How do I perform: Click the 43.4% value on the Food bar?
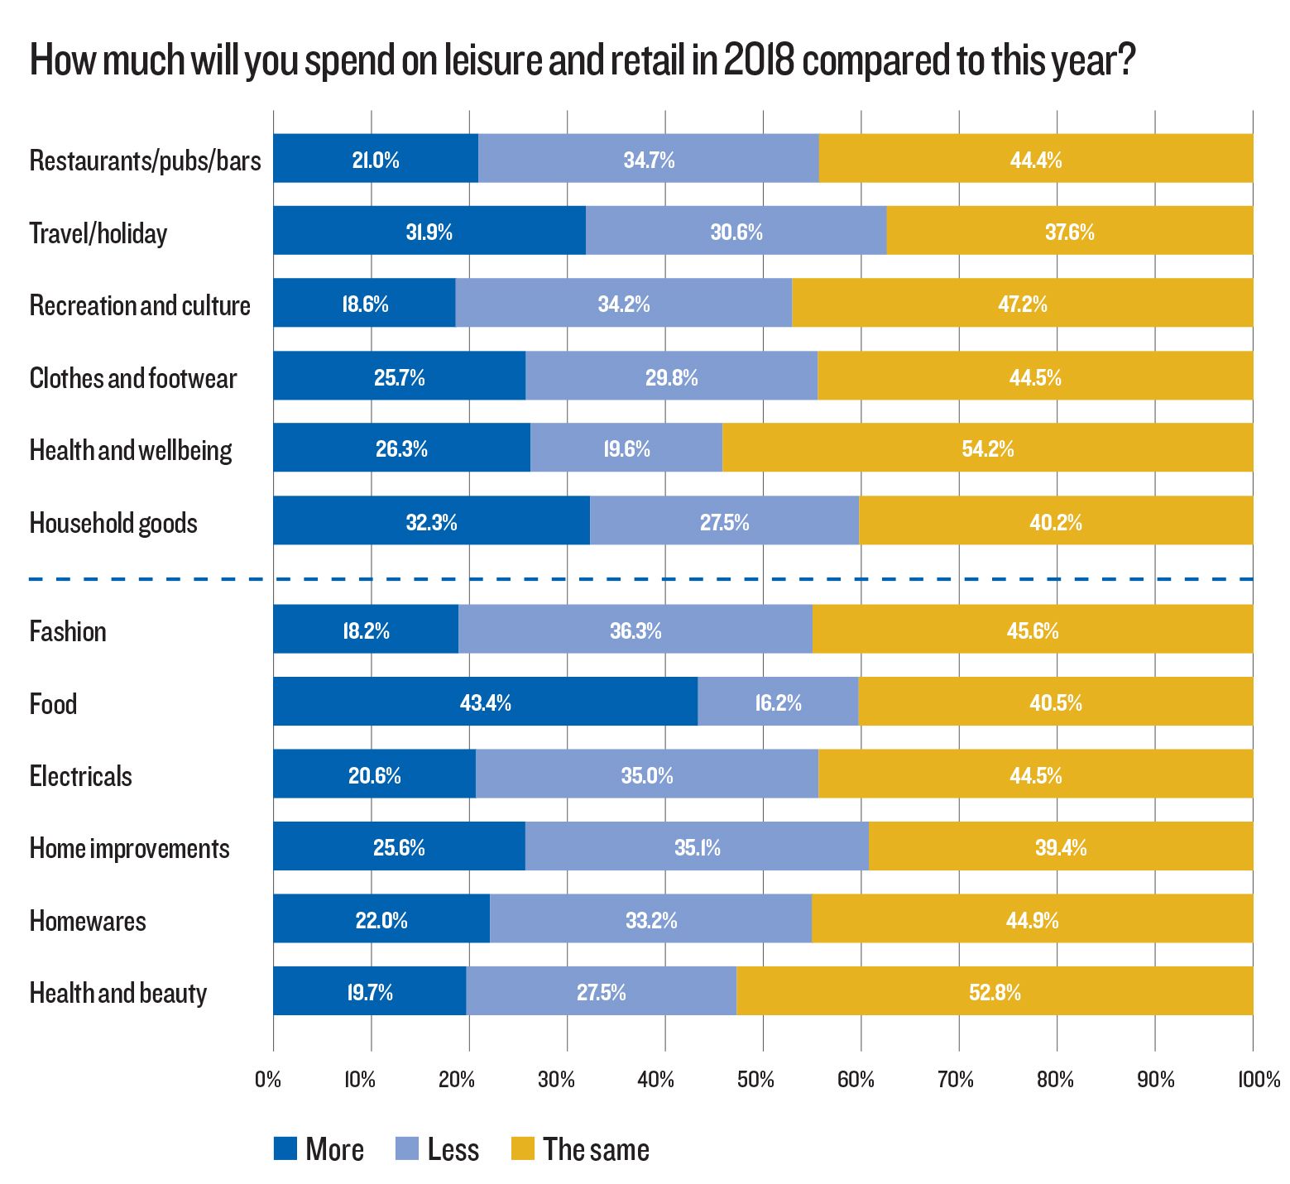[x=485, y=703]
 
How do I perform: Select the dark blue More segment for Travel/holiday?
[x=429, y=232]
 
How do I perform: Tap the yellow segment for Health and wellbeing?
[x=987, y=449]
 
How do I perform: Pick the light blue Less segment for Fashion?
[x=635, y=631]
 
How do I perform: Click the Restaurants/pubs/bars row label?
[x=145, y=161]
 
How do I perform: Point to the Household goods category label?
[x=113, y=523]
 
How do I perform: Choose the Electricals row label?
[x=80, y=776]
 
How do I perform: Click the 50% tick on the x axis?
[x=755, y=1080]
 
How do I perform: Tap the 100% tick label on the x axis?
[x=1258, y=1080]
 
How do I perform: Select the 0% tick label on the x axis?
[x=268, y=1080]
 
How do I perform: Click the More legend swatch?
[x=285, y=1148]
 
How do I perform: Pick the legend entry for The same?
[x=580, y=1149]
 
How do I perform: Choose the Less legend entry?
[x=438, y=1149]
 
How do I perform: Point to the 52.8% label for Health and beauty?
[x=995, y=993]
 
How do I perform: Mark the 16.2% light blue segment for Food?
[x=778, y=703]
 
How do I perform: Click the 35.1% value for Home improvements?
[x=697, y=848]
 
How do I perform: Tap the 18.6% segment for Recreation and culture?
[x=365, y=304]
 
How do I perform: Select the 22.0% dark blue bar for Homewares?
[x=381, y=921]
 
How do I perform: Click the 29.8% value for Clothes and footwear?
[x=671, y=378]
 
